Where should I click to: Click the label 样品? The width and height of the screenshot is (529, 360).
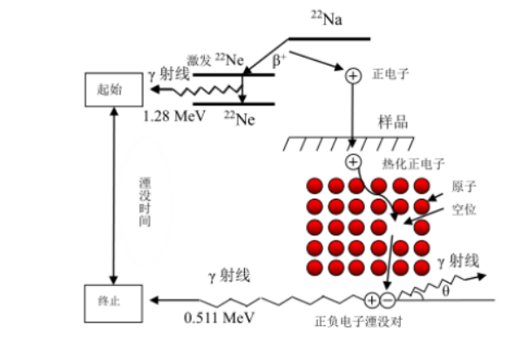point(393,121)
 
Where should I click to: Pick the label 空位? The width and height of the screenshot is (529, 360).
point(465,210)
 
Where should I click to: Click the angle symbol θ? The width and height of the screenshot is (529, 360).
point(445,292)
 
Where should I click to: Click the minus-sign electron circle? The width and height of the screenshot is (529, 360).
point(387,301)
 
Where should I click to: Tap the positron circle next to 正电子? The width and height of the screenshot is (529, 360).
point(353,76)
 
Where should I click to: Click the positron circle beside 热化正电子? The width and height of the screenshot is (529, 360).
point(353,162)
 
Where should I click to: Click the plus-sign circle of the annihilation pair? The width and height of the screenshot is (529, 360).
point(372,301)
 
